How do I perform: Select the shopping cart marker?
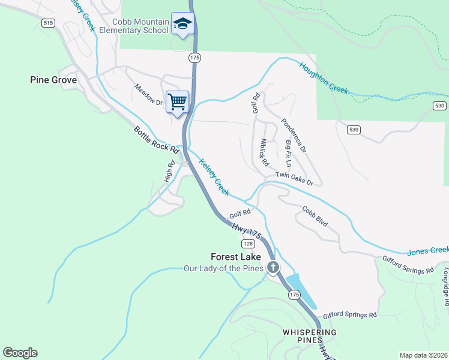[178, 101]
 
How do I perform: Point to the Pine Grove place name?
[53, 80]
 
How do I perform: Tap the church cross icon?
[273, 267]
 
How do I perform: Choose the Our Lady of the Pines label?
[223, 268]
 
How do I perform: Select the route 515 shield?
[49, 22]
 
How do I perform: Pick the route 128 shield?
[248, 244]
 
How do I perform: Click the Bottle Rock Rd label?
[157, 140]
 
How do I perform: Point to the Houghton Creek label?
[324, 78]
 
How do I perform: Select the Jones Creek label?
[427, 250]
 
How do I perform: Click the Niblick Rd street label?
[264, 152]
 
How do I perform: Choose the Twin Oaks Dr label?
[294, 178]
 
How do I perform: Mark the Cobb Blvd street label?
[315, 216]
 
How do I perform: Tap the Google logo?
[20, 353]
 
